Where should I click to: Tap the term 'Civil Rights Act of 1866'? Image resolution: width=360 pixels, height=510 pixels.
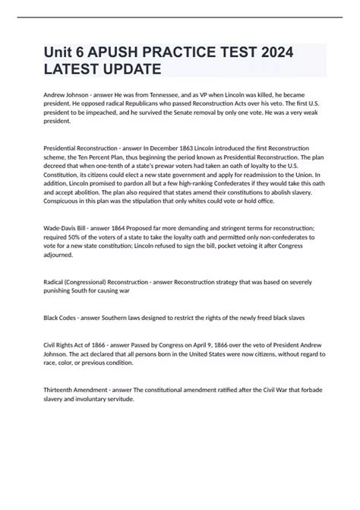tap(68, 344)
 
